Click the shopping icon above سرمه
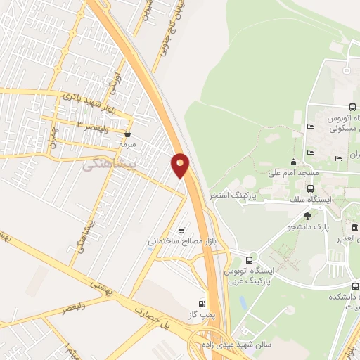point(127,133)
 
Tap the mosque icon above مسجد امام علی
point(293,162)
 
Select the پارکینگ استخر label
point(233,193)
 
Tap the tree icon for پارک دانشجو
point(307,216)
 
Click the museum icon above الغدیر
point(355,228)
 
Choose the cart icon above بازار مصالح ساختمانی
point(184,231)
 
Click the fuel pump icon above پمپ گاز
point(203,304)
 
